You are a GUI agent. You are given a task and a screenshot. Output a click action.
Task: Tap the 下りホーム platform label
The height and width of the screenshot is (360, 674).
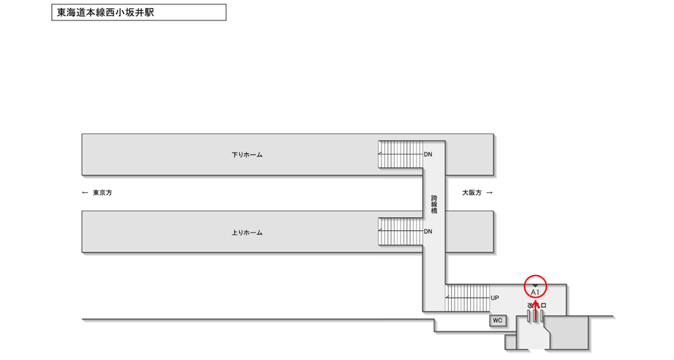(246, 155)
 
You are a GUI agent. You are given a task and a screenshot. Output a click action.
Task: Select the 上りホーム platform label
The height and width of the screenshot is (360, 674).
(246, 232)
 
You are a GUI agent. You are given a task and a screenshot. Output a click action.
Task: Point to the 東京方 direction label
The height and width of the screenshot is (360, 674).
(102, 193)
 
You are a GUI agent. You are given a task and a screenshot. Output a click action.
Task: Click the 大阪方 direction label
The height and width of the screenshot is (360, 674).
(472, 193)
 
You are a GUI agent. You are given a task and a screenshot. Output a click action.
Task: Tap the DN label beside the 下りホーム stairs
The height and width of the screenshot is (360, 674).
(428, 155)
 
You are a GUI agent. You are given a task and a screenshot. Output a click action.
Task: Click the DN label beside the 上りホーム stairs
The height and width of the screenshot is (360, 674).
(428, 232)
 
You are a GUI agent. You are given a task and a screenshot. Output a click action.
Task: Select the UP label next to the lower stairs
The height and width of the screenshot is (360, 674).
(495, 298)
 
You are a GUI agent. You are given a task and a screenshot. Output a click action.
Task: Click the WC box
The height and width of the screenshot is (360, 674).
(497, 320)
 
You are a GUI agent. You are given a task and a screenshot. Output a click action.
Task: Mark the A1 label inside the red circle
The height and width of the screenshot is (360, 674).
(535, 293)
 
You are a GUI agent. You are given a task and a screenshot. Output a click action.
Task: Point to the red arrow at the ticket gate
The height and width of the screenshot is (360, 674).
(535, 312)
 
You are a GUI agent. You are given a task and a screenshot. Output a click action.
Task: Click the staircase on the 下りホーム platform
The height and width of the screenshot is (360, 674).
(400, 154)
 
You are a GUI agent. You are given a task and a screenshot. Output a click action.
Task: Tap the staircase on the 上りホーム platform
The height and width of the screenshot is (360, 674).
(400, 232)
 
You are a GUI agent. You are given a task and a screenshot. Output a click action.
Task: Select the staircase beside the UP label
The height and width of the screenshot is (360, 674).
(466, 298)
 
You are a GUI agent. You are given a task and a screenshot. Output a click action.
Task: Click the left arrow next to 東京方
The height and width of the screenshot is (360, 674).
(85, 193)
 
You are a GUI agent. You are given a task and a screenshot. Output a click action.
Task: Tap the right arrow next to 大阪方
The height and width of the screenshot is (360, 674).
(490, 193)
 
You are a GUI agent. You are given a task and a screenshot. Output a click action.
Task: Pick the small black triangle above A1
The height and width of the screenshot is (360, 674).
(535, 285)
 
